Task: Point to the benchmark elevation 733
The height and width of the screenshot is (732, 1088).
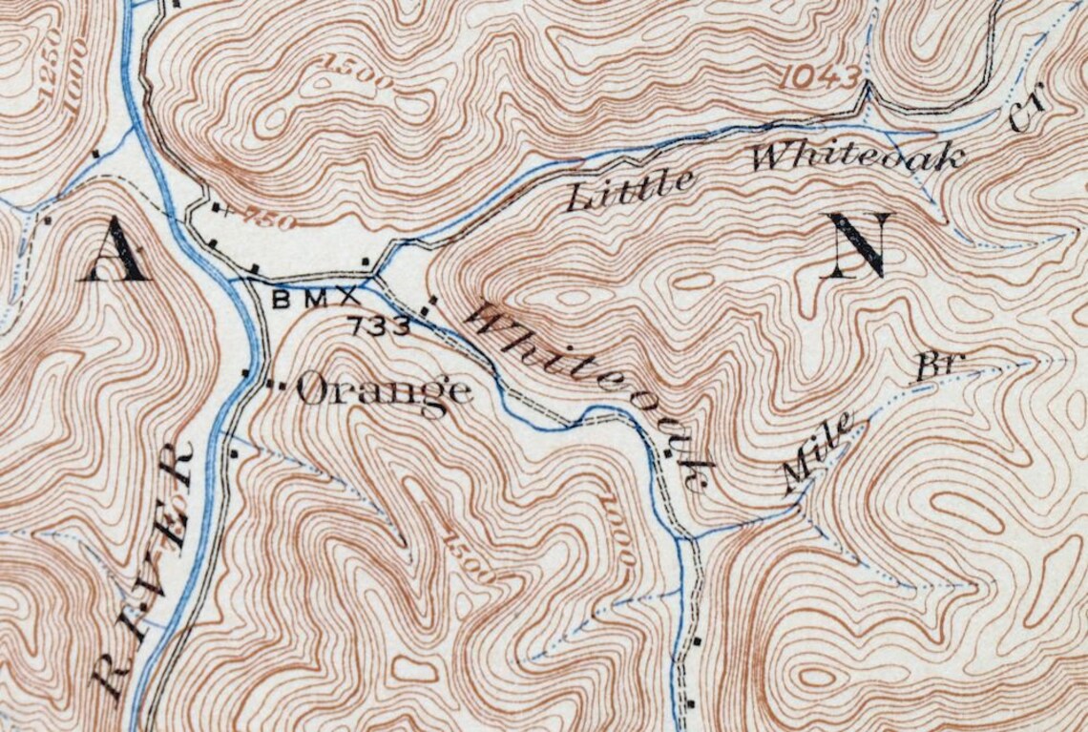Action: (380, 326)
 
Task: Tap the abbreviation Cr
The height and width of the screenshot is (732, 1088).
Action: (1027, 108)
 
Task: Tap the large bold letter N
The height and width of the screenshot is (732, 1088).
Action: (861, 245)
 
